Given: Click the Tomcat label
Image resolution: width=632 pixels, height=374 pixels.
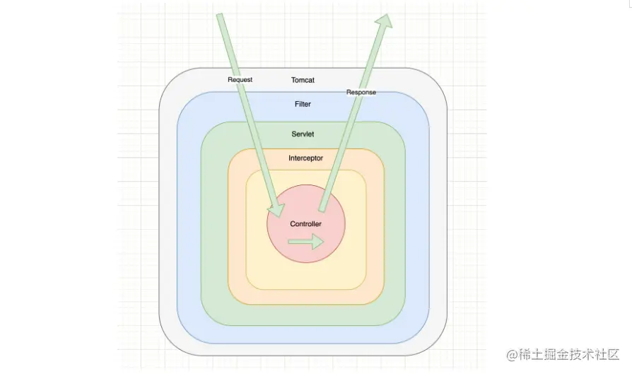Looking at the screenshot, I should (x=303, y=81).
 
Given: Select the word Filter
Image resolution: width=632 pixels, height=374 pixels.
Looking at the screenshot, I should (x=303, y=105).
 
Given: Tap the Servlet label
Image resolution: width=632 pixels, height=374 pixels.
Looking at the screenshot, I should (x=303, y=134).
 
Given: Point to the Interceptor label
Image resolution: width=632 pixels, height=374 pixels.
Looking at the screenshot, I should (x=305, y=158).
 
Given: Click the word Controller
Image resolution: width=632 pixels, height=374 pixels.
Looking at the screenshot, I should (x=305, y=224).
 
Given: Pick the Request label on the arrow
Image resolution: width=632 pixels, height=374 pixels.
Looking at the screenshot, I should (x=240, y=80).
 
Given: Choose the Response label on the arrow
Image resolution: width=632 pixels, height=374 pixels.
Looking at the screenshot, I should (x=361, y=93).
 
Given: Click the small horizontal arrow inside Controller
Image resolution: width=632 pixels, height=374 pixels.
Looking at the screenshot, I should (x=305, y=242).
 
